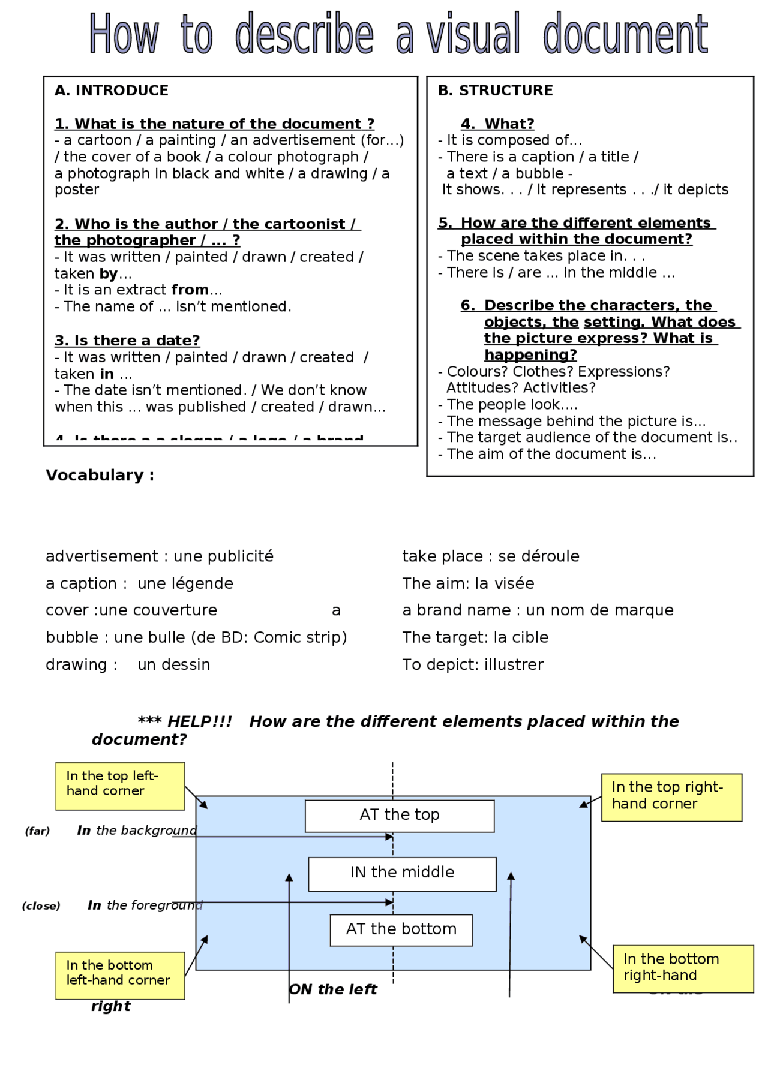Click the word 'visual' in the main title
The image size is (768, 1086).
(473, 35)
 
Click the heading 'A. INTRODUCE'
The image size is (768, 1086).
(112, 91)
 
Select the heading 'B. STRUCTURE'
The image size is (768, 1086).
(495, 91)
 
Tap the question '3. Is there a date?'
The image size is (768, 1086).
(127, 341)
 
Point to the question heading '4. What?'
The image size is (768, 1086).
(497, 124)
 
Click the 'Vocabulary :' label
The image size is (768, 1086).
(100, 475)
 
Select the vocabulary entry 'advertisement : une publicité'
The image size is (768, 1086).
(159, 556)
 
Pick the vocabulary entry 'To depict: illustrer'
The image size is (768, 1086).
(472, 664)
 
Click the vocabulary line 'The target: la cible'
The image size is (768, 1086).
(475, 637)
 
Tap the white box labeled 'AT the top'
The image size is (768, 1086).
(399, 815)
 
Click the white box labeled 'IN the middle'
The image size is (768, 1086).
(402, 873)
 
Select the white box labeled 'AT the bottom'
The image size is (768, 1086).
(401, 929)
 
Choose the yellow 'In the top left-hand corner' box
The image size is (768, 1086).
(119, 786)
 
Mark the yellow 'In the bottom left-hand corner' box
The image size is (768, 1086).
(119, 974)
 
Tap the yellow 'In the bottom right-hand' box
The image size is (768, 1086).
(682, 968)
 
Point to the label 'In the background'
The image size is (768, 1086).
(136, 830)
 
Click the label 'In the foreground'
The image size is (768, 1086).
(145, 905)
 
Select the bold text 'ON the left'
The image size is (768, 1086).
(333, 989)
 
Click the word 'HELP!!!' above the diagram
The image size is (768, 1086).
(199, 721)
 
